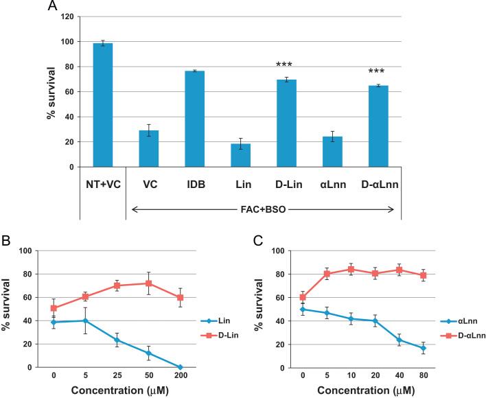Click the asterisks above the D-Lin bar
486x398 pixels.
click(284, 65)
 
